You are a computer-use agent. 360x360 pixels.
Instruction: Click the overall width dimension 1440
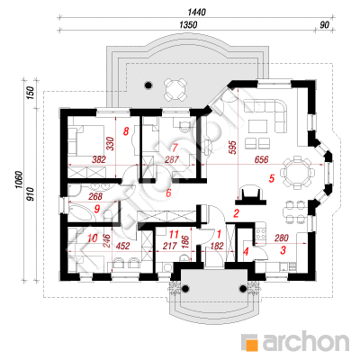196,13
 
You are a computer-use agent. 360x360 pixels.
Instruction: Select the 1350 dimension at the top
188,25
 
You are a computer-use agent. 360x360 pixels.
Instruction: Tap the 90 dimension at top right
324,25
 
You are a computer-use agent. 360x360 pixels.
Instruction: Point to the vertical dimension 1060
19,180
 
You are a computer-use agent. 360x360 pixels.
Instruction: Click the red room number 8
126,131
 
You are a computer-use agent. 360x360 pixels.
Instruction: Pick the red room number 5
271,179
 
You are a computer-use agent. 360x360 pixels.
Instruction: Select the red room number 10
93,238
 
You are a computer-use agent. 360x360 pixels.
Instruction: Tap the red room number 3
283,250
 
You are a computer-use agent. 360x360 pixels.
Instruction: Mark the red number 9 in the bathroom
96,209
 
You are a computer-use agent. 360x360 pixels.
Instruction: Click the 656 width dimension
262,159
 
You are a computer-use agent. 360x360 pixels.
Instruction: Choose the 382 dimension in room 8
99,159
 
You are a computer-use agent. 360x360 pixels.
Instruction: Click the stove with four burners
261,234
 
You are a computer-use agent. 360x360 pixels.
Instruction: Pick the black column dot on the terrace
148,85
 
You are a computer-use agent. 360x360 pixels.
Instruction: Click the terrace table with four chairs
175,89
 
